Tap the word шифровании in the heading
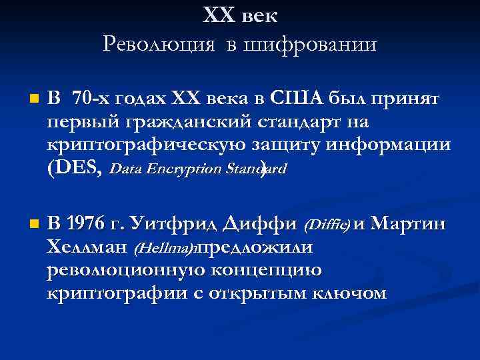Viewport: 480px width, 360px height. point(311,45)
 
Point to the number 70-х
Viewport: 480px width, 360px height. point(92,100)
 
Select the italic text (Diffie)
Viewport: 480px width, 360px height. point(327,225)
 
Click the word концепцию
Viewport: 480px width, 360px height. point(281,269)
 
